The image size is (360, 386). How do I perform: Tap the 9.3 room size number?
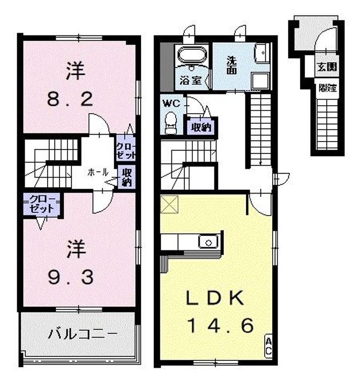[71, 277]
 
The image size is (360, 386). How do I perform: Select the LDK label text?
[215, 299]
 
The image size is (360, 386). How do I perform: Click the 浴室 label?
[191, 81]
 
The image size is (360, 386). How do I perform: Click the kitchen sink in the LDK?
[207, 242]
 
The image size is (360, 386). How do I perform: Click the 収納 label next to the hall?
[127, 177]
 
